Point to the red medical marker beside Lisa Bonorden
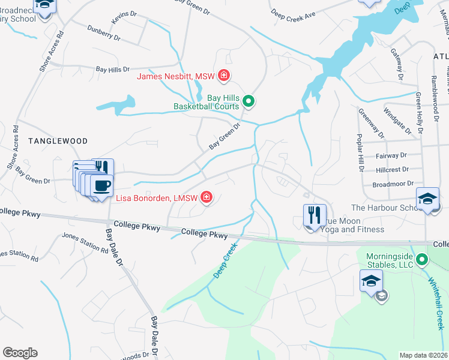tap(206, 197)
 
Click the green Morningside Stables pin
tap(422, 260)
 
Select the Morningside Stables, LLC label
tap(390, 260)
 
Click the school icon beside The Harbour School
tap(427, 199)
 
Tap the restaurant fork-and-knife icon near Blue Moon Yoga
tap(315, 215)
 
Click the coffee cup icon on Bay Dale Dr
tap(102, 185)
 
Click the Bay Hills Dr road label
tap(113, 69)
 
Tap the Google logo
tap(20, 353)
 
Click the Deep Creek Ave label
tap(292, 13)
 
